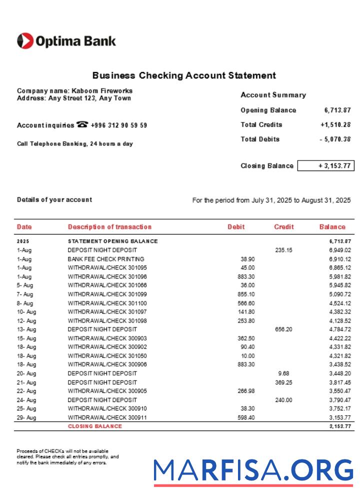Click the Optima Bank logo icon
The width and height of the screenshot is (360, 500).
[25, 41]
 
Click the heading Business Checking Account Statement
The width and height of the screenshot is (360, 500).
[184, 75]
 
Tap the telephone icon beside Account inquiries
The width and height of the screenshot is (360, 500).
[82, 125]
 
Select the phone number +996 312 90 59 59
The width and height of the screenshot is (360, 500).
[119, 125]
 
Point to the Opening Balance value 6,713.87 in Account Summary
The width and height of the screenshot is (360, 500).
[337, 110]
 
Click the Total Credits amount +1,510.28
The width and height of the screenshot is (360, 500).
[335, 125]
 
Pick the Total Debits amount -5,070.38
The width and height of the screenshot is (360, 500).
[335, 139]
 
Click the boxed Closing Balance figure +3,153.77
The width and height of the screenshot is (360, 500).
[325, 166]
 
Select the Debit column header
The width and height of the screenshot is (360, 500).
[236, 227]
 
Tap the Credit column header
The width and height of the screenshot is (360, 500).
[283, 227]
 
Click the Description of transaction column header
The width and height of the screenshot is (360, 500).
[109, 227]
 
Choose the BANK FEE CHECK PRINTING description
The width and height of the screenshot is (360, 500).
[106, 259]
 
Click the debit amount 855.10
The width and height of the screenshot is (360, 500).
[246, 294]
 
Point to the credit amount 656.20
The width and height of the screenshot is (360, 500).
[283, 329]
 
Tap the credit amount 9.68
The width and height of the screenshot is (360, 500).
[283, 373]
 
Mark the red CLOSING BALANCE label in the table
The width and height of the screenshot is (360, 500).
[95, 426]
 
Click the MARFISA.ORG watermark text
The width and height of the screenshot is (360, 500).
[253, 471]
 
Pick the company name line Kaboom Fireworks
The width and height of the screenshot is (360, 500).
[74, 91]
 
